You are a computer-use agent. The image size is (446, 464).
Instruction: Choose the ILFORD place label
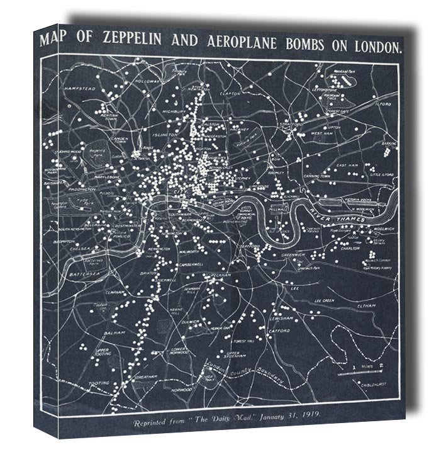384,101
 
